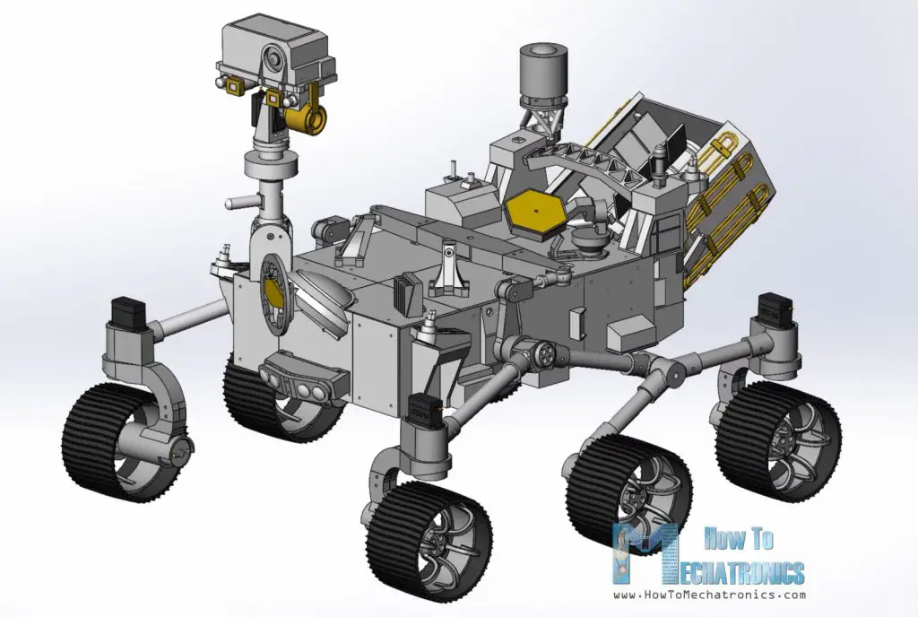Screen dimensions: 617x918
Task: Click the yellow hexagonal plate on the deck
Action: click(x=533, y=213)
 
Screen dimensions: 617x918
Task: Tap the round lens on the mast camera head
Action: click(x=271, y=64)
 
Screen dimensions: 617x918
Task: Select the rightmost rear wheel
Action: click(x=778, y=440)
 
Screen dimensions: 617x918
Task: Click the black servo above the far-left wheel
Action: click(x=124, y=313)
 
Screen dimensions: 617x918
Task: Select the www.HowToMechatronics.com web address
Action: click(x=709, y=595)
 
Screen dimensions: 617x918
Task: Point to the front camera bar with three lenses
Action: click(x=301, y=376)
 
